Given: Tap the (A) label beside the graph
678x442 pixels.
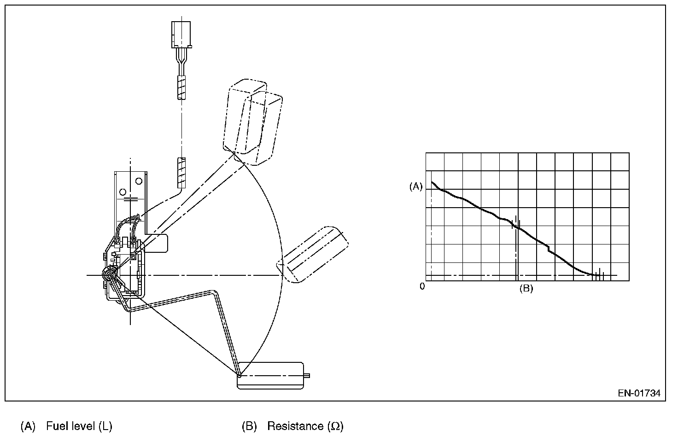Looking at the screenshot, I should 415,186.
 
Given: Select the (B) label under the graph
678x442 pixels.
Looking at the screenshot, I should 526,289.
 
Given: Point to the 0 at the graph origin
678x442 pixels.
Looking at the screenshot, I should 422,286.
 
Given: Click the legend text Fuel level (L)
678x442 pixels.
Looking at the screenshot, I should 79,426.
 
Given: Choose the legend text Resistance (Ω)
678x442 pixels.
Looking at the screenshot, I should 305,426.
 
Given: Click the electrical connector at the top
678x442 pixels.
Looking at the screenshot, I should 182,35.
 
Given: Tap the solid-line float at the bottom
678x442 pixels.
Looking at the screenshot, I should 270,375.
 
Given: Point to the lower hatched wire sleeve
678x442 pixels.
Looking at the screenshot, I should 181,173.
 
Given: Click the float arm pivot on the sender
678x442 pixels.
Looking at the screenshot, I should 109,275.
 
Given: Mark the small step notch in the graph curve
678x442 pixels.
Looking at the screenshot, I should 549,249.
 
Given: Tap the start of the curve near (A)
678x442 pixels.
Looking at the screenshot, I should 433,183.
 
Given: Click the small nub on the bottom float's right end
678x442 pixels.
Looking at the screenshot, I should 307,376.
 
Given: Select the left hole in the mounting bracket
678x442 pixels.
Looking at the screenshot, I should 123,192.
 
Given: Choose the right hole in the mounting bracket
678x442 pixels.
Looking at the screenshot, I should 138,180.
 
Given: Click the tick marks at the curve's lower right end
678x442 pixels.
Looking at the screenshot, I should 598,275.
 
